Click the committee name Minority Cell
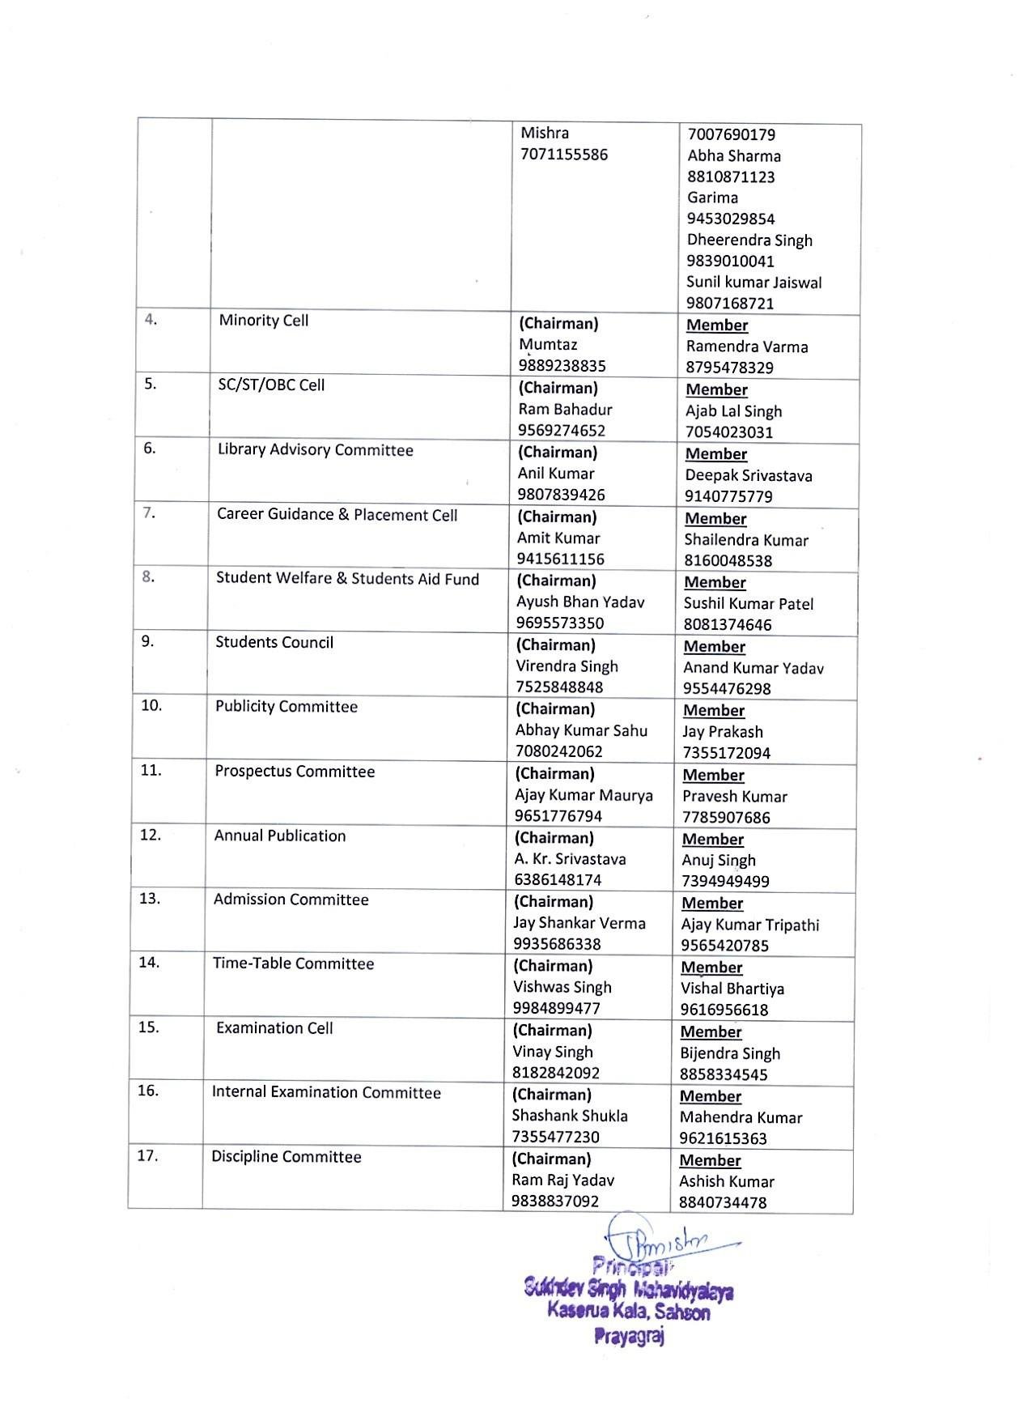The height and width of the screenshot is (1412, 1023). click(263, 321)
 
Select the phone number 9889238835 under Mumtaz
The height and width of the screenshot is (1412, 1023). click(562, 366)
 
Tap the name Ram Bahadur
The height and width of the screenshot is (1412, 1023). click(565, 410)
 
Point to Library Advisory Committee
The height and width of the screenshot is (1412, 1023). click(315, 450)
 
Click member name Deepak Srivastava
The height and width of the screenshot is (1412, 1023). click(748, 476)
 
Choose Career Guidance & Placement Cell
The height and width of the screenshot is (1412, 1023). click(337, 515)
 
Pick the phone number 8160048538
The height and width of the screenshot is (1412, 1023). click(728, 561)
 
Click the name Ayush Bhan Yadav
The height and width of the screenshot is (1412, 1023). click(580, 602)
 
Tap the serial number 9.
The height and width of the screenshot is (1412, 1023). click(147, 642)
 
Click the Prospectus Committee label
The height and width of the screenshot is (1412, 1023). click(295, 772)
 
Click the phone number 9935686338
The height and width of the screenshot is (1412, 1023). click(557, 944)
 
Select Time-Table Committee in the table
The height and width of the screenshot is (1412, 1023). click(293, 963)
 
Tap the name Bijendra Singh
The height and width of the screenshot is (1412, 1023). click(730, 1053)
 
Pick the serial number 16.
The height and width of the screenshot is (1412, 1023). click(147, 1091)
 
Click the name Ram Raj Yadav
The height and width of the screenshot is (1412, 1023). click(562, 1180)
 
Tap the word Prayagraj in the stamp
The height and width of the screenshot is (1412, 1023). click(629, 1337)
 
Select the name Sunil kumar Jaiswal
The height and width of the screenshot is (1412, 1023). click(753, 283)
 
